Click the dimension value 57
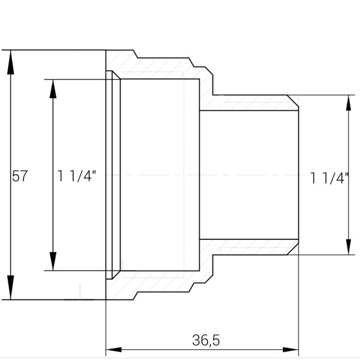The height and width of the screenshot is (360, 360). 20,176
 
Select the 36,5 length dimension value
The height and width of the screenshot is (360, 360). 206,340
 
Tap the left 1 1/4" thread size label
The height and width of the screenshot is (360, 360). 77,176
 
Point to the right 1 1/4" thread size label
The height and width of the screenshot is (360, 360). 329,178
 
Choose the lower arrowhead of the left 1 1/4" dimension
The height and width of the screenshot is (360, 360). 53,260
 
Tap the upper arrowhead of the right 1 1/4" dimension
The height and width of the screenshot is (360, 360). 349,106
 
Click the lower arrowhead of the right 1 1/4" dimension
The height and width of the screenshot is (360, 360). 349,244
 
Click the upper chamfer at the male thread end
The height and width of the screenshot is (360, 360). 293,100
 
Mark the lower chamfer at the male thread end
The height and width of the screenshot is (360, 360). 293,249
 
